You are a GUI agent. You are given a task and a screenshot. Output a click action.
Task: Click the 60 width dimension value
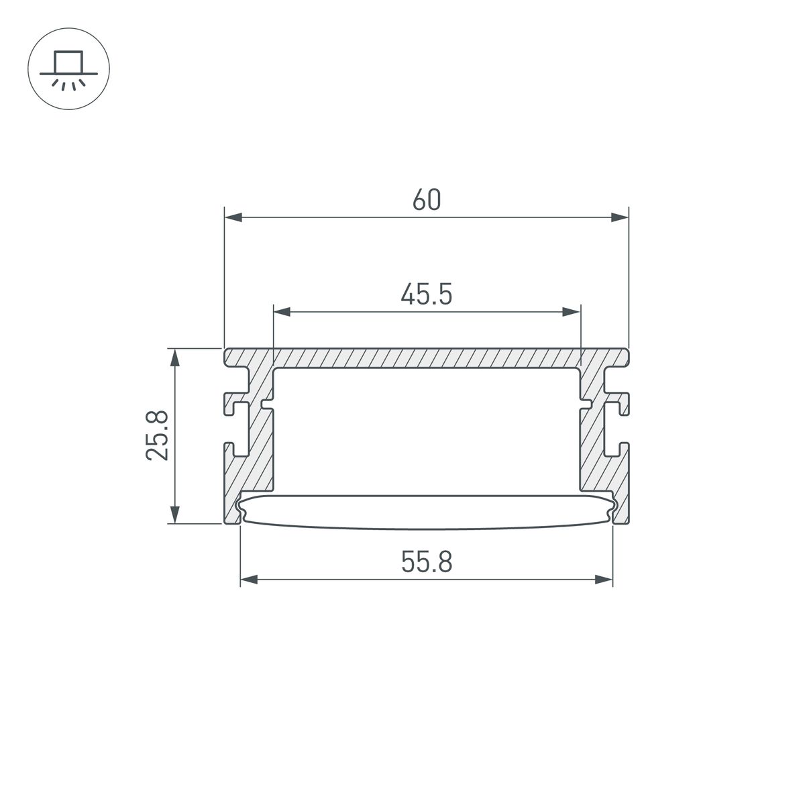coord(427,200)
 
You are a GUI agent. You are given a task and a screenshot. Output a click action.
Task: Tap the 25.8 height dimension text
coord(159,436)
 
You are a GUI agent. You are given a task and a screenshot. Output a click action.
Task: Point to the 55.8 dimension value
coord(427,562)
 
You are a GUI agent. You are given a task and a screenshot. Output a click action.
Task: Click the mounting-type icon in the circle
coord(68,69)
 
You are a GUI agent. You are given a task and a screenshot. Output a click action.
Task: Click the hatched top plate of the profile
coord(427,358)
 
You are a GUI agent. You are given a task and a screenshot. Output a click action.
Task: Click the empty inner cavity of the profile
coord(427,429)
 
